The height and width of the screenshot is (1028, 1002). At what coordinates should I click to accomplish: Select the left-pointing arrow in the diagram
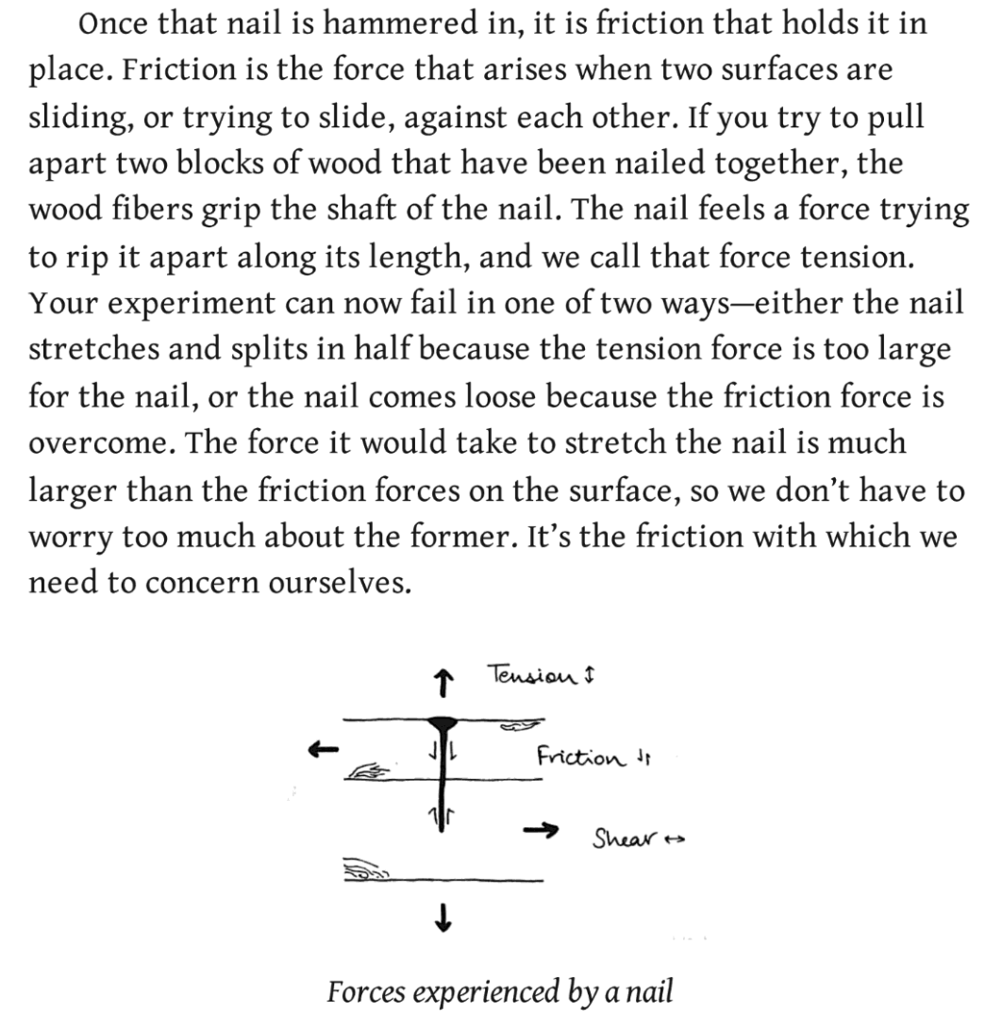click(x=323, y=750)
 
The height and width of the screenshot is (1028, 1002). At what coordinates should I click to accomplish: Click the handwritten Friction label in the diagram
click(x=579, y=756)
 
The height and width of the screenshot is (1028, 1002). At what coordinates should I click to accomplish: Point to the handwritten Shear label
click(x=622, y=837)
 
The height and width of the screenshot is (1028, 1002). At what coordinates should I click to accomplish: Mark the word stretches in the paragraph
click(x=104, y=349)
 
